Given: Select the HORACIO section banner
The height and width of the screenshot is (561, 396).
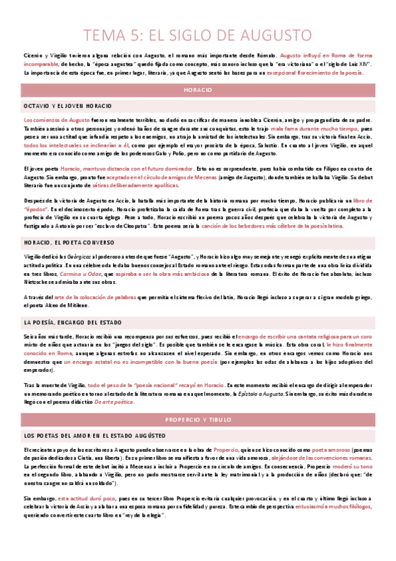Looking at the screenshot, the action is pyautogui.click(x=198, y=89).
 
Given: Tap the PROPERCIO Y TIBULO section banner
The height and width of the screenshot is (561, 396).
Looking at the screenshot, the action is pyautogui.click(x=198, y=402).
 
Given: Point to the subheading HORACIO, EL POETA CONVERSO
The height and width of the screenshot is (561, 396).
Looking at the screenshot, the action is pyautogui.click(x=67, y=243).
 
